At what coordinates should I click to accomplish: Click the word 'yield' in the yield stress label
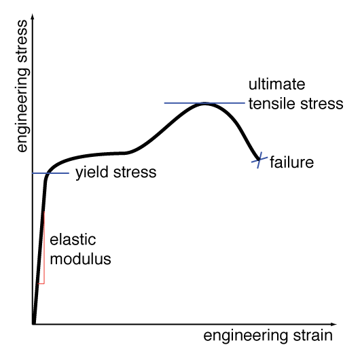[92, 173]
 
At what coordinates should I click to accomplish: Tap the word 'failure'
[291, 162]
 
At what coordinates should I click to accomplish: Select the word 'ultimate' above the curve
[277, 84]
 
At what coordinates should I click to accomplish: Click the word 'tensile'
[272, 103]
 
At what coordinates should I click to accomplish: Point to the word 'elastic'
[73, 240]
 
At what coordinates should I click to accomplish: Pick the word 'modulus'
[80, 259]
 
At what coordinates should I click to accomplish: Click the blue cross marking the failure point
[259, 160]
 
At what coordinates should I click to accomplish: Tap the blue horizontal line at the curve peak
[204, 103]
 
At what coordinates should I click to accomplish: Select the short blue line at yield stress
[51, 173]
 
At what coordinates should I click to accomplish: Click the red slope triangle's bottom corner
[44, 283]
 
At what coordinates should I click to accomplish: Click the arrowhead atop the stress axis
[33, 16]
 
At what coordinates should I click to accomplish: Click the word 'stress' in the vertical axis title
[22, 41]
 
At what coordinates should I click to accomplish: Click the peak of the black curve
[204, 103]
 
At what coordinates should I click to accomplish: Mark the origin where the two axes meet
[33, 324]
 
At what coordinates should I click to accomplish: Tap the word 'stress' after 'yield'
[134, 173]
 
